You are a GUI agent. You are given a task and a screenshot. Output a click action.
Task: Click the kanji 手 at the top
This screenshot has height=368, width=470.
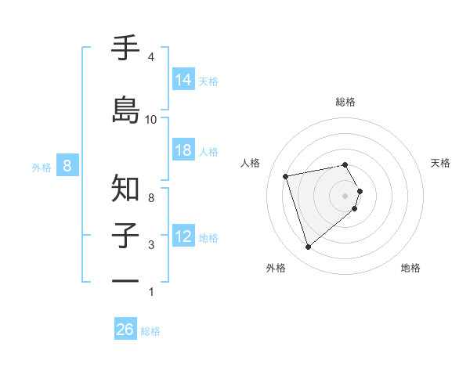pyautogui.click(x=126, y=49)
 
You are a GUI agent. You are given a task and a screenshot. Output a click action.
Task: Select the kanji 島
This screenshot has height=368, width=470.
pyautogui.click(x=126, y=110)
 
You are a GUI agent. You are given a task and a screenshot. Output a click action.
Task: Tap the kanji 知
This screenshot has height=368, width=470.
pyautogui.click(x=126, y=187)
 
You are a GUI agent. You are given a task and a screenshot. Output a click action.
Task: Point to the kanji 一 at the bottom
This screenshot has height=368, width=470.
pyautogui.click(x=126, y=281)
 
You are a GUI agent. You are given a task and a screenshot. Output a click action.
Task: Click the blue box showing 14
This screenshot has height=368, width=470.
pyautogui.click(x=183, y=80)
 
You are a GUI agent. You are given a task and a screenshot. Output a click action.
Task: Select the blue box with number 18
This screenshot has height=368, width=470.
pyautogui.click(x=183, y=150)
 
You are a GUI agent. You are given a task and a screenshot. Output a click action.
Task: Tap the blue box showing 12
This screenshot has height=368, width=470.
pyautogui.click(x=183, y=236)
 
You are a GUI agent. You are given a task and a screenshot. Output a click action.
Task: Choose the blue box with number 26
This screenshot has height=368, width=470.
pyautogui.click(x=125, y=330)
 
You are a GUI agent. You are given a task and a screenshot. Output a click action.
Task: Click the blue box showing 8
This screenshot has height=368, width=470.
pyautogui.click(x=68, y=166)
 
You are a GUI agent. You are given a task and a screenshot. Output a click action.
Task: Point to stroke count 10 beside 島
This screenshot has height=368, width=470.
pyautogui.click(x=151, y=120)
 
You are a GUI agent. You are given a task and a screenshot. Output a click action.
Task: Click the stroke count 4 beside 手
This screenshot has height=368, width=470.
pyautogui.click(x=150, y=57)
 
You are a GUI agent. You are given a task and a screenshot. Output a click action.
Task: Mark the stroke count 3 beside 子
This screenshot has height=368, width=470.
pyautogui.click(x=150, y=245)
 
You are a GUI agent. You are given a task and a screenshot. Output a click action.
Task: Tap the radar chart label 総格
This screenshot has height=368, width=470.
pyautogui.click(x=345, y=102)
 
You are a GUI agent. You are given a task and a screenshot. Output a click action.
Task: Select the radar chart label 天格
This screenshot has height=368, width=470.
pyautogui.click(x=441, y=163)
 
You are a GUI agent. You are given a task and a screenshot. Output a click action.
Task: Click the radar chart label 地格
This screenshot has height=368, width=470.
pyautogui.click(x=410, y=269)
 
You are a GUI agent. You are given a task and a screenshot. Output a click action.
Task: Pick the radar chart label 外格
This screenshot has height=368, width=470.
pyautogui.click(x=276, y=269)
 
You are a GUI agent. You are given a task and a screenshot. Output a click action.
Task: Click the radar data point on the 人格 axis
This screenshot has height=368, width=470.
pyautogui.click(x=286, y=175)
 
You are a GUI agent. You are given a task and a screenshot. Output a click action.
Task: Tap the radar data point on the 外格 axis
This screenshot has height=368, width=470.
pyautogui.click(x=308, y=247)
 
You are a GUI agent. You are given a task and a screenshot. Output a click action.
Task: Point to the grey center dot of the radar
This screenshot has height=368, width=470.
pyautogui.click(x=345, y=195)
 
